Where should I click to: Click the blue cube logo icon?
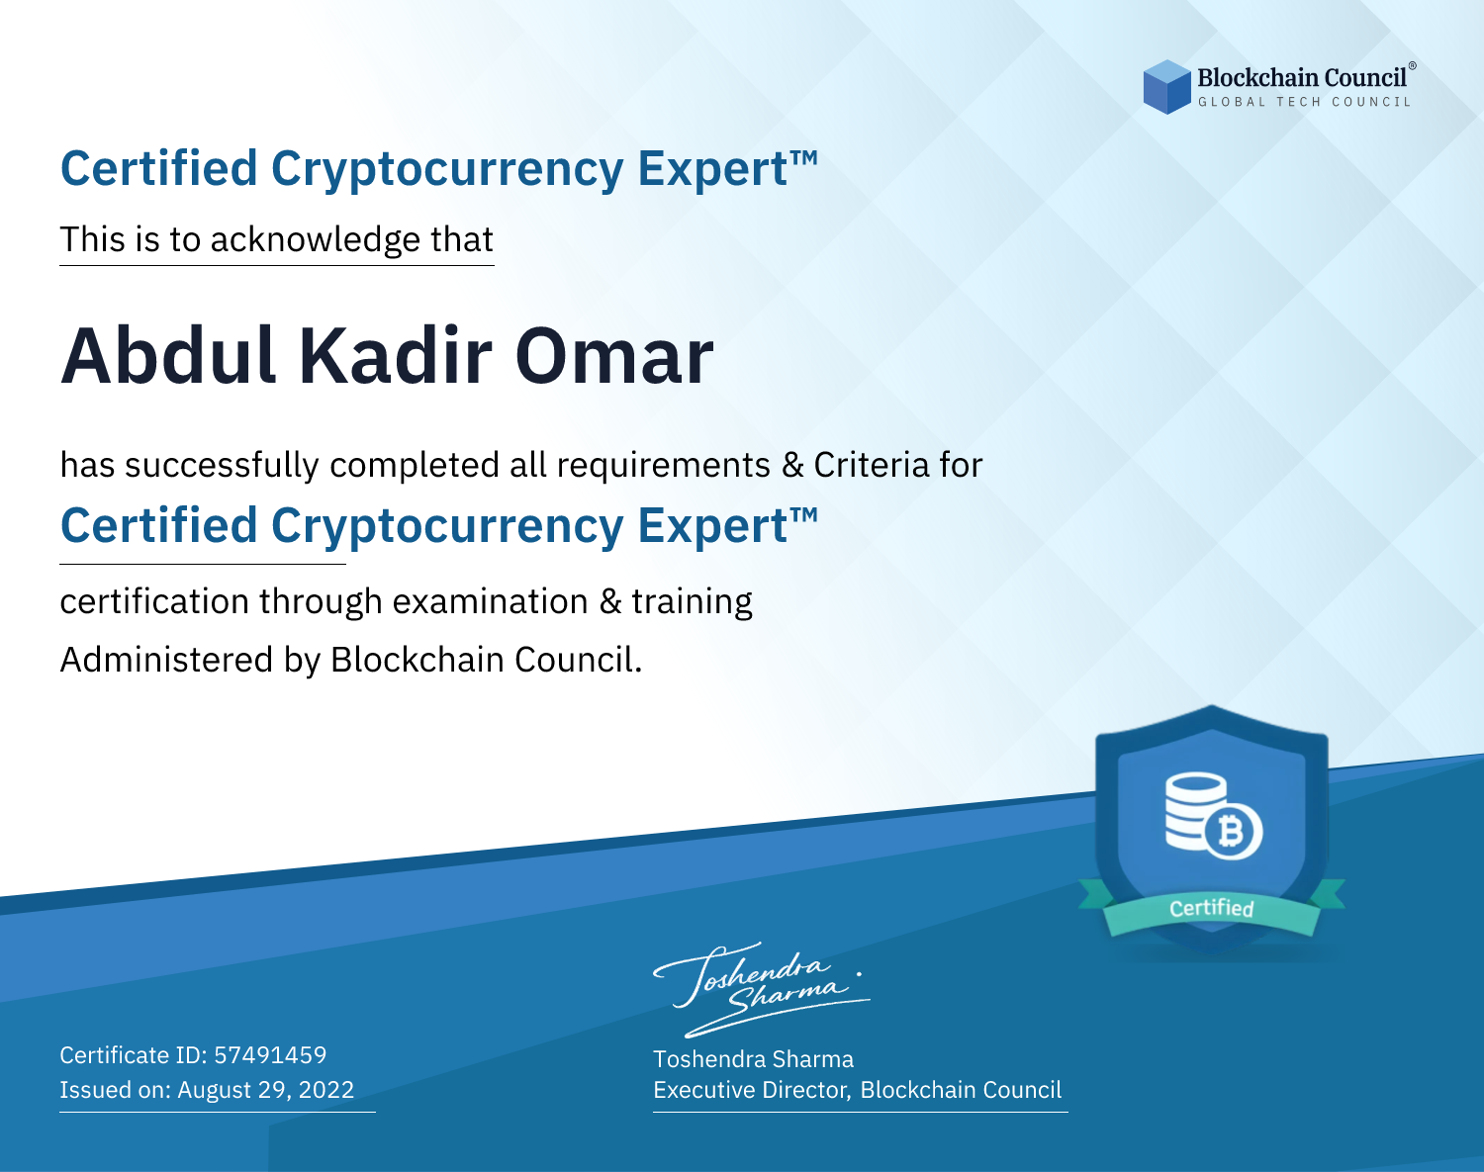click(1166, 87)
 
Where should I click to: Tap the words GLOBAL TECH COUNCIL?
click(1304, 102)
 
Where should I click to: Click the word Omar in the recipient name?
click(613, 356)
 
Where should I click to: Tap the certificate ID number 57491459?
click(270, 1054)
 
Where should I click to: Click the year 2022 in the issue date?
click(325, 1089)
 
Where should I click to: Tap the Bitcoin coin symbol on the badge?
click(1233, 832)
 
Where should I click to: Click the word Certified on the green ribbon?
click(1212, 909)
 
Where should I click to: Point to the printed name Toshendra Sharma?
click(753, 1059)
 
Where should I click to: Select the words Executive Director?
click(750, 1090)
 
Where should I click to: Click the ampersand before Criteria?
click(792, 465)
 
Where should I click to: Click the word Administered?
click(167, 660)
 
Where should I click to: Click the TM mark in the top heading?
click(804, 158)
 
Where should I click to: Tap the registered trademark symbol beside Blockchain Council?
click(1413, 66)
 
